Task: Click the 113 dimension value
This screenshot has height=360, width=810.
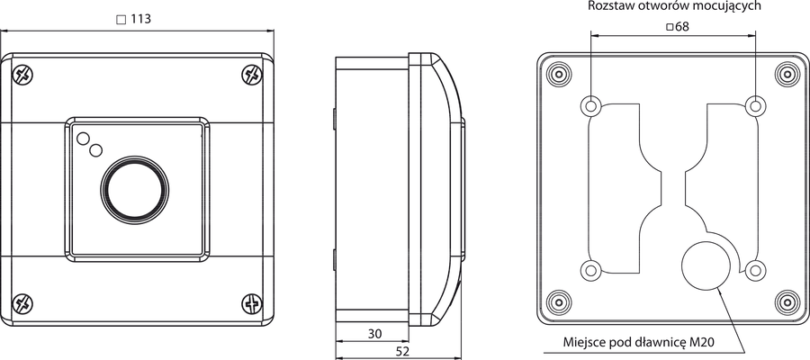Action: [140, 19]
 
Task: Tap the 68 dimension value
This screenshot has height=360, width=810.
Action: [682, 27]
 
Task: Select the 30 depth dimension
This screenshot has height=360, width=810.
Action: [375, 334]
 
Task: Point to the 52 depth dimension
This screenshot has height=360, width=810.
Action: [402, 352]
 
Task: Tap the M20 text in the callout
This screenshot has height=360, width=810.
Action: [703, 342]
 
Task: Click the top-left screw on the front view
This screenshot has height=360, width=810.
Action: [22, 76]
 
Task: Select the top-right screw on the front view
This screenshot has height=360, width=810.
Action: [252, 75]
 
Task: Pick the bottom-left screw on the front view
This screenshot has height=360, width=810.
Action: [22, 303]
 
